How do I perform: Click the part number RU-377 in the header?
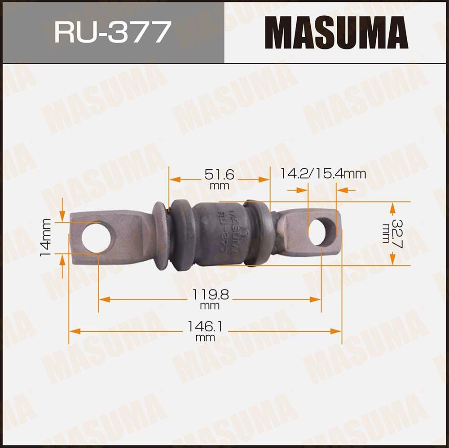click(112, 32)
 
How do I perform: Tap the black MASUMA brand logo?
click(336, 32)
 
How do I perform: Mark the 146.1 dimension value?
click(205, 326)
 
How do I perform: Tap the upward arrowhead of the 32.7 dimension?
click(392, 207)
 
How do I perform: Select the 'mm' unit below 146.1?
click(205, 338)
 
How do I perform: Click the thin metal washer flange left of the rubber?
click(159, 236)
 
